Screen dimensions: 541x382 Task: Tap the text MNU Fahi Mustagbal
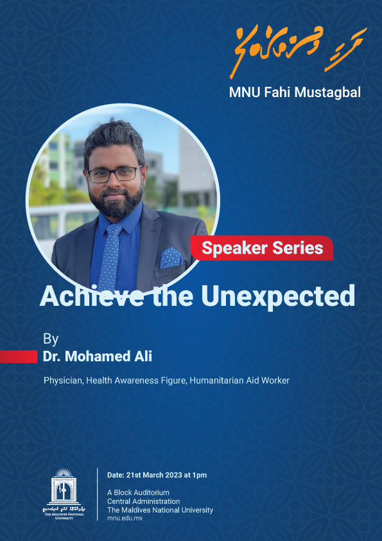point(295,92)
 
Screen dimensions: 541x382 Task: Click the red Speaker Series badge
point(262,248)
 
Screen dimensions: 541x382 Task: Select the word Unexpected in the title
point(279,296)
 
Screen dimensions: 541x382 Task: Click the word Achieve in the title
point(91,296)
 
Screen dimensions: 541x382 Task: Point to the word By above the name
point(51,339)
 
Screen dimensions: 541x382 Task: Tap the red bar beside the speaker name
point(18,357)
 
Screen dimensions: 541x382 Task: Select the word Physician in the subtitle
point(62,380)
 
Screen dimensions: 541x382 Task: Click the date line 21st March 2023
point(157,475)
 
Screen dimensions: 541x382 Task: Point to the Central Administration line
point(143,502)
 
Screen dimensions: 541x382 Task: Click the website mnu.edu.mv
point(125,519)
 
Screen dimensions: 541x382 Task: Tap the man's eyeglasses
point(116,173)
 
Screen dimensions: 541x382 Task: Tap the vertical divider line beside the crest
point(98,495)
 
